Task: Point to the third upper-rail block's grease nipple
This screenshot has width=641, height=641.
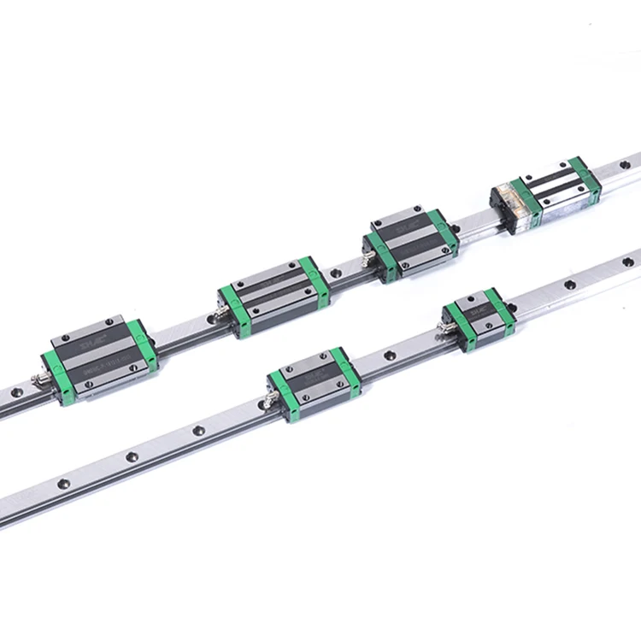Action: click(x=365, y=250)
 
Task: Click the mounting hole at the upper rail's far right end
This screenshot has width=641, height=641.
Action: click(x=624, y=163)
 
